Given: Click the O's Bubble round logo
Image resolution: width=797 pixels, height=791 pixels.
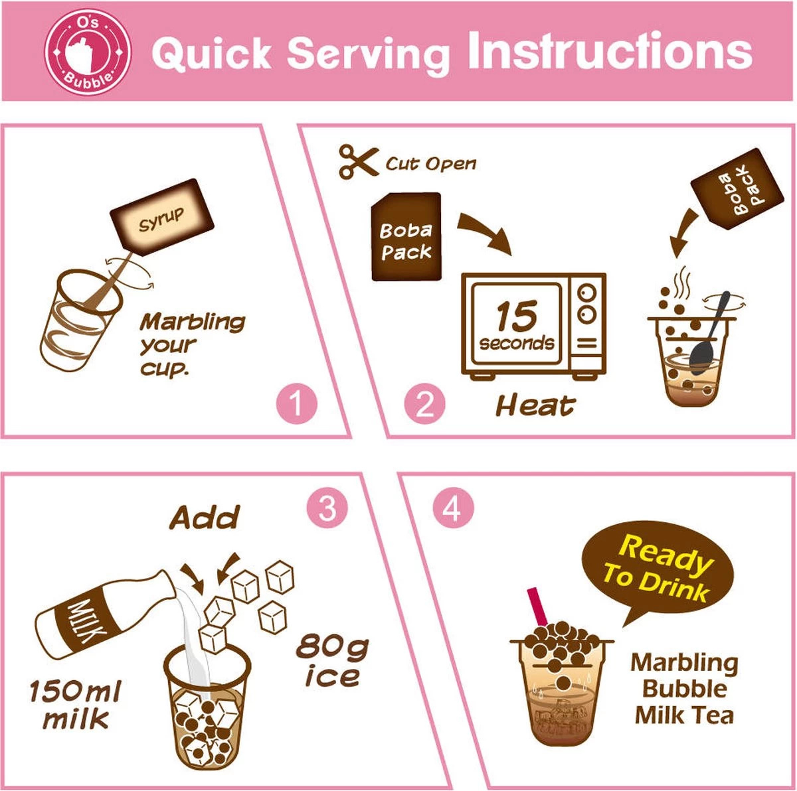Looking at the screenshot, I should [x=87, y=51].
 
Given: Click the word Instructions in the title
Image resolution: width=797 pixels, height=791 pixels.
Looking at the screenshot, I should [x=610, y=51].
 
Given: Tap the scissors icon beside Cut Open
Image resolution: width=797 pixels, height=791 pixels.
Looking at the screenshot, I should [x=358, y=162].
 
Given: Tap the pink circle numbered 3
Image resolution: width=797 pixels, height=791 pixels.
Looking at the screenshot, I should [x=327, y=509].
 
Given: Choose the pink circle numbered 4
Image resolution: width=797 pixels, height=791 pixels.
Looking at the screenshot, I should [x=453, y=509].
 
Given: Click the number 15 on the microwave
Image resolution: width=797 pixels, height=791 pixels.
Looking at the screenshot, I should [x=515, y=317].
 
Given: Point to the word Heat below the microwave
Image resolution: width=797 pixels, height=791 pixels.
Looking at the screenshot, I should [x=535, y=405].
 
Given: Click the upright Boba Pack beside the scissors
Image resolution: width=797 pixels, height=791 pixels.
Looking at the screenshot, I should [x=406, y=237].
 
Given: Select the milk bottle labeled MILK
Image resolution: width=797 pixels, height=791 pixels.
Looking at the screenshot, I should [x=100, y=616].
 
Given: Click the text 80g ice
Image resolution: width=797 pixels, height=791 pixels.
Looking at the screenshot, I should [x=332, y=661].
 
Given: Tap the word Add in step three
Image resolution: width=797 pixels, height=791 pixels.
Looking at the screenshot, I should [x=204, y=518].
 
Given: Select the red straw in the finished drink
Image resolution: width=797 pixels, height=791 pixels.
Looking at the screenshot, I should [x=539, y=607].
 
